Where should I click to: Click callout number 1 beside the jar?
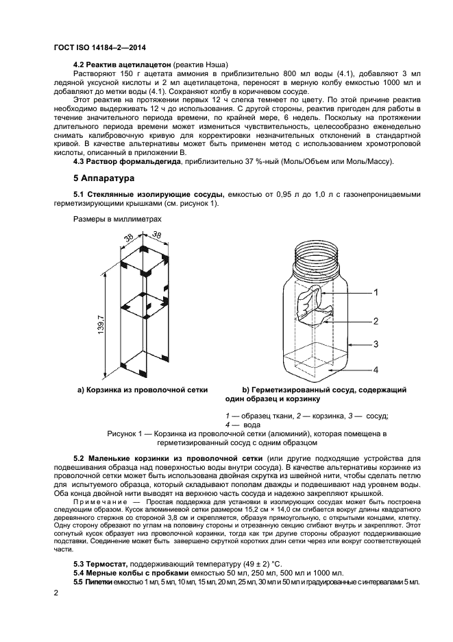pos(376,292)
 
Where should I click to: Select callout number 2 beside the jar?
pos(376,320)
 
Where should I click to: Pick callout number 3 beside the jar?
pos(376,344)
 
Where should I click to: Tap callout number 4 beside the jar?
pos(376,370)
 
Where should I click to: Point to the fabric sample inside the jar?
pos(313,302)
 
